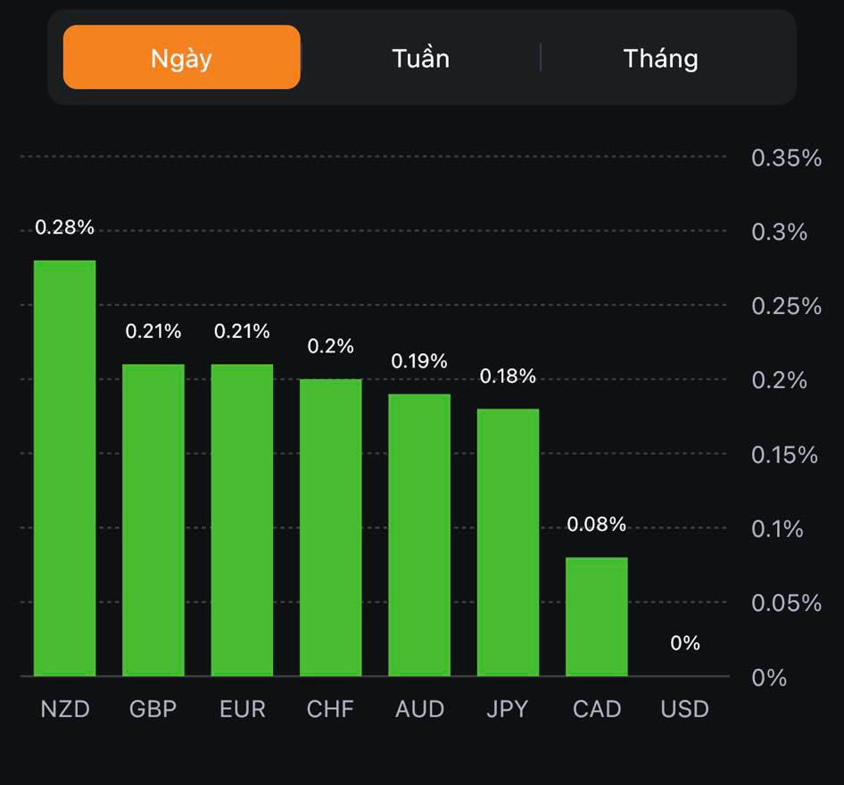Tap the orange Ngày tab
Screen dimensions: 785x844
coord(181,58)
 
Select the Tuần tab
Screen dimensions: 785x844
coord(420,59)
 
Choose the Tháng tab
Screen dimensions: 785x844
coord(660,59)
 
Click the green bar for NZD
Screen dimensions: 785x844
coord(65,468)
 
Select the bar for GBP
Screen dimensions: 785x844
coord(153,520)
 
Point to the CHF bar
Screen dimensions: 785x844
coord(331,527)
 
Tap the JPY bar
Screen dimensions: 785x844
coord(508,542)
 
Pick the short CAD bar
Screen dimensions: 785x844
coord(597,616)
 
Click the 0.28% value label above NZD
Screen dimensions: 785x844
coord(64,227)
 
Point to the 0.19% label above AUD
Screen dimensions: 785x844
coord(419,361)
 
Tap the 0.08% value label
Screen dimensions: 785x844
coord(597,525)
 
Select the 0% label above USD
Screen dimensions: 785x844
coord(685,643)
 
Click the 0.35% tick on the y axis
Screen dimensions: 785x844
coord(786,159)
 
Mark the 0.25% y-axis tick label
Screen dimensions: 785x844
coord(786,307)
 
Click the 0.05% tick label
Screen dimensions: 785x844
coord(786,604)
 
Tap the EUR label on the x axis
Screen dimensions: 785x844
coord(243,709)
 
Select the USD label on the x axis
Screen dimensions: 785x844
coord(685,709)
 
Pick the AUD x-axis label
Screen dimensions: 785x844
coord(419,709)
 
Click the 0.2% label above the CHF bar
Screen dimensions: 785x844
coord(331,346)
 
